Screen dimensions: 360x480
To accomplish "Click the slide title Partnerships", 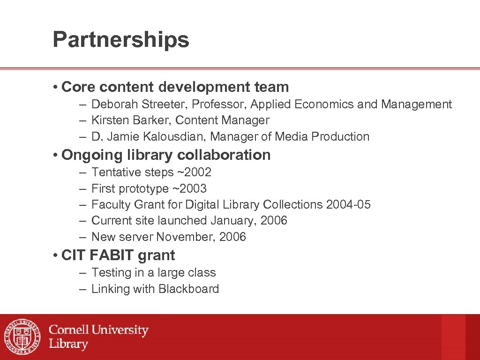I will coord(121,40).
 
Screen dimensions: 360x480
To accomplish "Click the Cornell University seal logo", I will coord(22,337).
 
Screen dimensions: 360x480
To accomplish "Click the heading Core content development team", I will coord(175,87).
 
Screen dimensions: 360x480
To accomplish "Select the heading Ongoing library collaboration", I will coord(166,155).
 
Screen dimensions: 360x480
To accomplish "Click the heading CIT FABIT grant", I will coord(118,255).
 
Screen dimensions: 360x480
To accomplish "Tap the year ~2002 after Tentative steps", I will coord(194,172).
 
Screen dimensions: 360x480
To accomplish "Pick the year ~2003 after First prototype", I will coord(189,188).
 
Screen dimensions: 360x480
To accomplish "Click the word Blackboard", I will coord(188,289).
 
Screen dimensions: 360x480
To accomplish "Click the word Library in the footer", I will coord(68,344).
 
